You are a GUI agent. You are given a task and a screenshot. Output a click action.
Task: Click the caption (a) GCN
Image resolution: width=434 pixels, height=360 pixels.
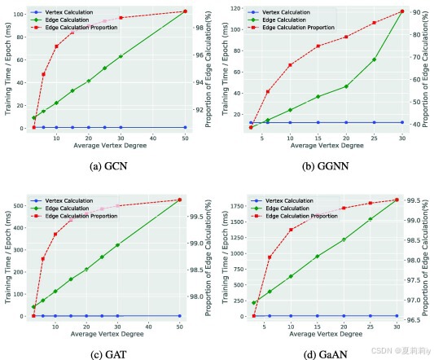pyautogui.click(x=108, y=165)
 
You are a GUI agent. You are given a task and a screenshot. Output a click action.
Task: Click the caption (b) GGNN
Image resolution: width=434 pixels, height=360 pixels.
pyautogui.click(x=327, y=165)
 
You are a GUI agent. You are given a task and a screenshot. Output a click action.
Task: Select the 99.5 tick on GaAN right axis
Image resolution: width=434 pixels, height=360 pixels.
pyautogui.click(x=416, y=200)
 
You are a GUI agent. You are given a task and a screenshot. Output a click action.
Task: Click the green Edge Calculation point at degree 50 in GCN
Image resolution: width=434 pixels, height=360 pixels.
pyautogui.click(x=185, y=11)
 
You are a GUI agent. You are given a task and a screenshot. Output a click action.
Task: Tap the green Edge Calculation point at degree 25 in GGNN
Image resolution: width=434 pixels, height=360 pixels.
pyautogui.click(x=374, y=59)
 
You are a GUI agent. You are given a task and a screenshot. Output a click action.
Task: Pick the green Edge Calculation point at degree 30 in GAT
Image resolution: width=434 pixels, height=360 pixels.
pyautogui.click(x=121, y=245)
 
